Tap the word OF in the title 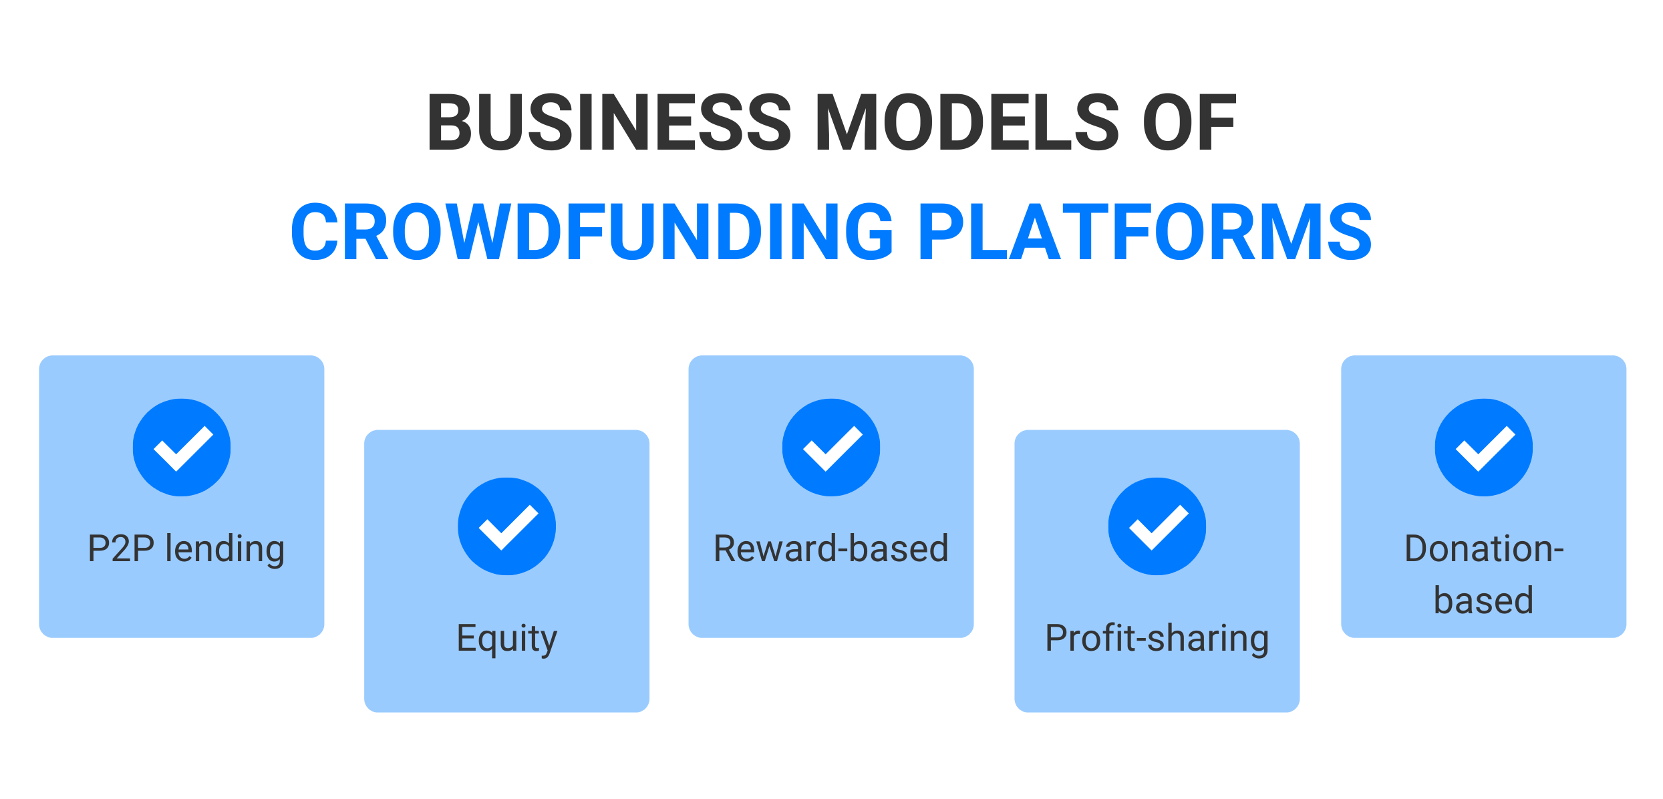point(1189,122)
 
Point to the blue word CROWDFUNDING point(592,231)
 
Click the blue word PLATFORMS point(1145,231)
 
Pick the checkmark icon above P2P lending point(182,448)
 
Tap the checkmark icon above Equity point(507,526)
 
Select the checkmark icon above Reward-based point(831,448)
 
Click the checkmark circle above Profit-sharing point(1157,526)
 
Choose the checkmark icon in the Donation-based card point(1484,448)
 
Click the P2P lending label point(186,549)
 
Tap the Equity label point(507,639)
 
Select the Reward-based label point(831,548)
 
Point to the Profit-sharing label point(1157,639)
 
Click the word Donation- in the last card point(1484,548)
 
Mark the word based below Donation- point(1484,600)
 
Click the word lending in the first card point(225,550)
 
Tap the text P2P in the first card point(122,548)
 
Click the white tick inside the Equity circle point(508,528)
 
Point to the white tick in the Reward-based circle point(833,449)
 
